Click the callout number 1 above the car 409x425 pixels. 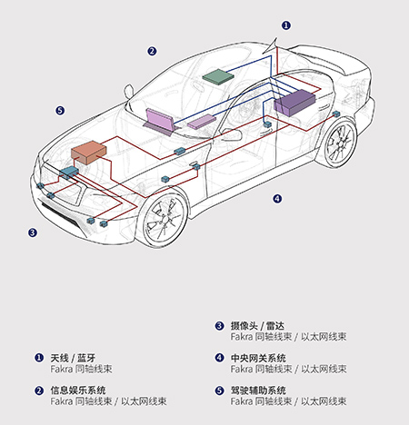coord(286,25)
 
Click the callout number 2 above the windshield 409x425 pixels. coord(152,51)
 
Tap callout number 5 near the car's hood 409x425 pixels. coord(60,111)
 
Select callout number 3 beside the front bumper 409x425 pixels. coord(33,232)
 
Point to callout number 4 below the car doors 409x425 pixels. coord(277,199)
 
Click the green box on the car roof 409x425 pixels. coord(218,75)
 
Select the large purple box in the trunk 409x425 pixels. coord(294,103)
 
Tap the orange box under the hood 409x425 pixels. coord(88,153)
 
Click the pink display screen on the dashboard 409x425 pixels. coord(159,121)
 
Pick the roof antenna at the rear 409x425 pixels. coord(274,48)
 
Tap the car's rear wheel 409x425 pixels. coord(340,143)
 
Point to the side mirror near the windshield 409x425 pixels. coord(128,91)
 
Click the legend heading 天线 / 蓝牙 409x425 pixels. coord(73,358)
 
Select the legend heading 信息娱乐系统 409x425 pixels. coord(78,390)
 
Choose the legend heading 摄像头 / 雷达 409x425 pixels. coord(257,326)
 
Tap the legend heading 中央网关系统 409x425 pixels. coord(258,358)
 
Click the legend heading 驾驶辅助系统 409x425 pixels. coord(258,390)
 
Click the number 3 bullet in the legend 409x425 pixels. coord(219,326)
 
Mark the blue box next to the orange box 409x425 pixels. coord(69,173)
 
